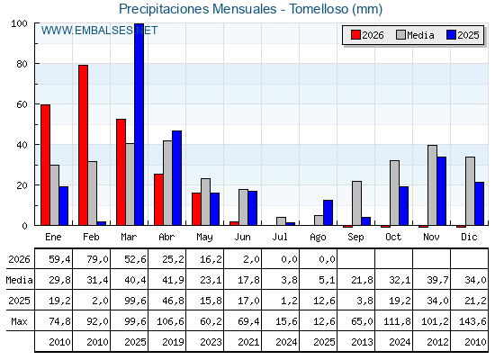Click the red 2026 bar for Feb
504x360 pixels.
[83, 145]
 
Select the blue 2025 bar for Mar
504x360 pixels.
[139, 124]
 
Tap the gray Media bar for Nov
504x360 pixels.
[432, 185]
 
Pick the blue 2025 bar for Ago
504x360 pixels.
[328, 212]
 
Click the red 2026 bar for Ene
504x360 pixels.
[45, 165]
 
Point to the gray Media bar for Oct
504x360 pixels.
[395, 193]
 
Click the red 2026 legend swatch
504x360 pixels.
[355, 35]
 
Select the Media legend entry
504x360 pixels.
[415, 35]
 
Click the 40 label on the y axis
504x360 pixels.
[22, 145]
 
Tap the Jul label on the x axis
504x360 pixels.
[280, 237]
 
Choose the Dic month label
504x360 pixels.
[469, 237]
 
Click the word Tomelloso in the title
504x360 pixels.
[319, 9]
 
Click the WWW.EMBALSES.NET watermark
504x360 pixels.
[99, 31]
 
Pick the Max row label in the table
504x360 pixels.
[19, 321]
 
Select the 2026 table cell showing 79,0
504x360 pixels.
[97, 259]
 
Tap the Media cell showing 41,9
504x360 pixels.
[173, 280]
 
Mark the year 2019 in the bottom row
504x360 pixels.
[173, 342]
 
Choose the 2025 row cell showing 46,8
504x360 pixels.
[173, 301]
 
